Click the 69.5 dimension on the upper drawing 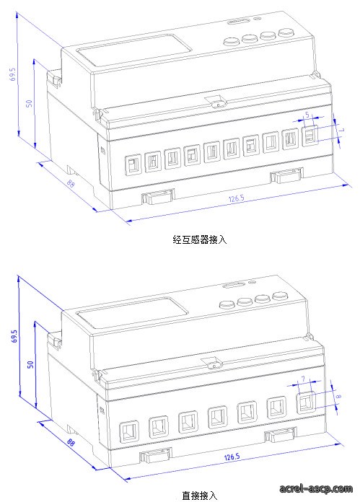coord(12,74)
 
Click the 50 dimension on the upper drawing coord(29,103)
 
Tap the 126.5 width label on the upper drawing coord(236,198)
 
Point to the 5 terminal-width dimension coord(307,114)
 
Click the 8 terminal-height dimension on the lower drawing coord(338,396)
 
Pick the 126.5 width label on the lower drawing coord(232,457)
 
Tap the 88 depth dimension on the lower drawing coord(71,442)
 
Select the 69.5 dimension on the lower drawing coord(14,336)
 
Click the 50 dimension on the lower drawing coord(30,364)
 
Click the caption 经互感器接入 coord(200,239)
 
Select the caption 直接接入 coord(200,496)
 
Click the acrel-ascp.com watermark coord(316,488)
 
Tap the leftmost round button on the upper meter coord(232,41)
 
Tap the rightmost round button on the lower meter coord(280,296)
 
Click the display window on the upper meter coord(134,50)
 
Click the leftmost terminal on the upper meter coord(133,165)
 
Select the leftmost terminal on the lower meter coord(130,431)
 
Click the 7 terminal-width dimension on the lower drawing coord(303,379)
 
